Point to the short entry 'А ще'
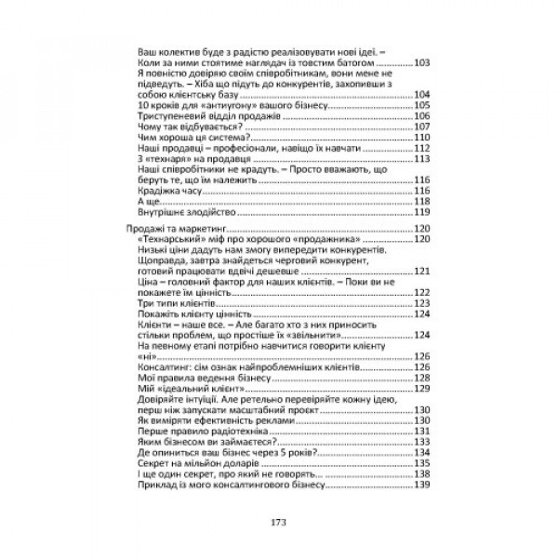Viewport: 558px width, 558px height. [147, 201]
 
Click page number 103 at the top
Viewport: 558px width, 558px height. [422, 62]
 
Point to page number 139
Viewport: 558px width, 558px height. [422, 484]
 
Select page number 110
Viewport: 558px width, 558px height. [422, 137]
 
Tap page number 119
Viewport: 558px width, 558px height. [422, 211]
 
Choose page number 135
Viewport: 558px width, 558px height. [422, 462]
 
